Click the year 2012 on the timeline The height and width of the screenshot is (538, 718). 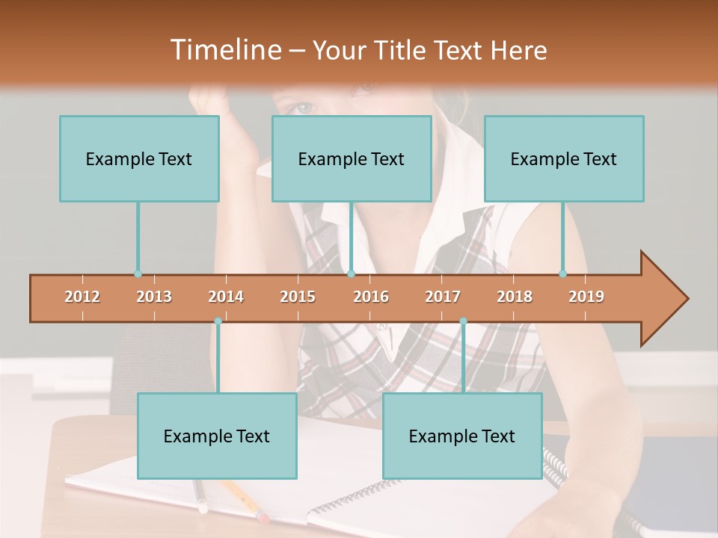click(82, 297)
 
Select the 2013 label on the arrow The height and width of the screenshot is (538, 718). click(154, 297)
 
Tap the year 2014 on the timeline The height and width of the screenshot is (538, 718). click(226, 297)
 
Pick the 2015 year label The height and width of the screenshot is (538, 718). click(298, 297)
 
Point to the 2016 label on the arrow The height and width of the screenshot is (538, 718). click(371, 297)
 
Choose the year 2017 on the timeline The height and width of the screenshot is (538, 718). click(443, 297)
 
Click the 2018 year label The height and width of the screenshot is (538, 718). click(515, 297)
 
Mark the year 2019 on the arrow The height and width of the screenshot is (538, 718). click(586, 297)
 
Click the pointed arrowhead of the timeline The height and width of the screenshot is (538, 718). click(666, 299)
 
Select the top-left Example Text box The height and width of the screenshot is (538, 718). click(139, 158)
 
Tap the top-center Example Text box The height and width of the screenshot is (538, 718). click(352, 158)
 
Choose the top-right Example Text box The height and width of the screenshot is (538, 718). click(564, 158)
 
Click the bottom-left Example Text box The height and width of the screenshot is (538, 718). click(217, 436)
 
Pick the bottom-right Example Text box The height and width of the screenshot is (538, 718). click(462, 436)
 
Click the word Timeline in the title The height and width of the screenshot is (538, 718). click(224, 50)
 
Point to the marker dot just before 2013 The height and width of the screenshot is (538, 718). click(138, 273)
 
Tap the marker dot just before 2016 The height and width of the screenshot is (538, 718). click(351, 273)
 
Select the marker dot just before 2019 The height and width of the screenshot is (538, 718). click(563, 273)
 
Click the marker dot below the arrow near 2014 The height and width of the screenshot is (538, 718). click(218, 321)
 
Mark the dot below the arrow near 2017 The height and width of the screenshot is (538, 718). click(463, 321)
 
